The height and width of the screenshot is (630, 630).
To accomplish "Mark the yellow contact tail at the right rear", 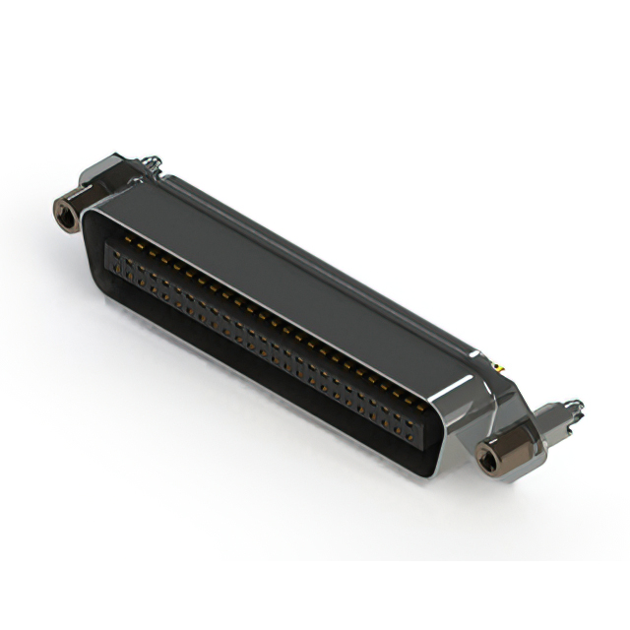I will click(x=498, y=366).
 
